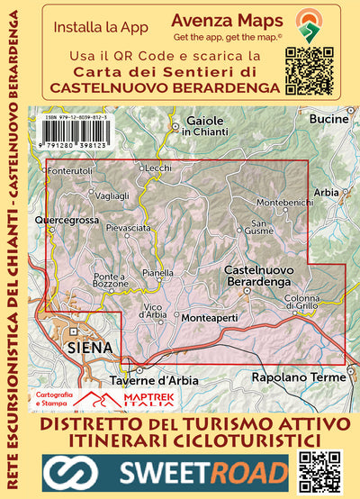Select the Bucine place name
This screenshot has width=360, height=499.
coord(328,119)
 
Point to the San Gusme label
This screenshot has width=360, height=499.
coord(262,227)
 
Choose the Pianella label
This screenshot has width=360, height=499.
coord(157,272)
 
